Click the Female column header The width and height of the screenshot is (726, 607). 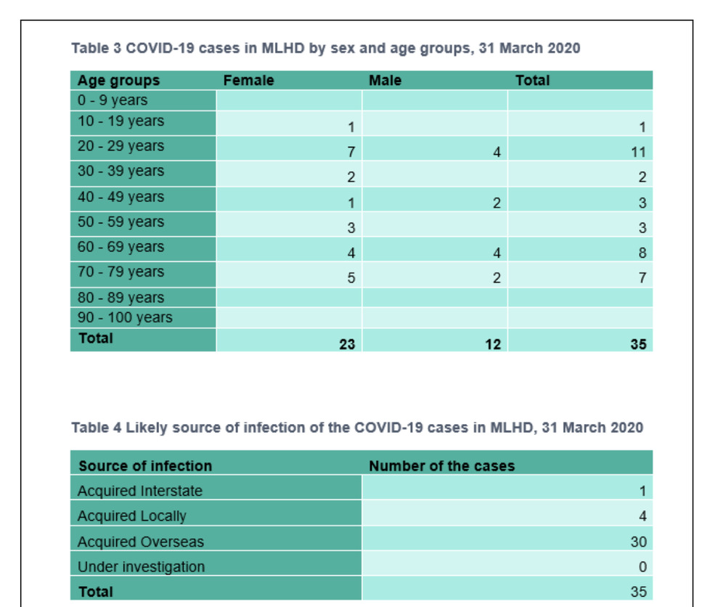248,81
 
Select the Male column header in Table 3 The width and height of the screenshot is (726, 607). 385,81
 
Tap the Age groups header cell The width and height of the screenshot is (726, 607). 118,81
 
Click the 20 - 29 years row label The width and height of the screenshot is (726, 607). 121,146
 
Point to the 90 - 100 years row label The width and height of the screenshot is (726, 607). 125,317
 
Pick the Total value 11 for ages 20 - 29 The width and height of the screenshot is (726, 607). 638,152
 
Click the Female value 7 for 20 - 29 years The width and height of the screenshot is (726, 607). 351,152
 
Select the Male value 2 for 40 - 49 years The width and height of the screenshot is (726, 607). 497,203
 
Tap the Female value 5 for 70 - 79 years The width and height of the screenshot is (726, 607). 351,278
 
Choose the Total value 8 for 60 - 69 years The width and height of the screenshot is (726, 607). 642,253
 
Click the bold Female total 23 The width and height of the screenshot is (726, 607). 347,344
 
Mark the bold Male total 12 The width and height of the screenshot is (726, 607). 493,344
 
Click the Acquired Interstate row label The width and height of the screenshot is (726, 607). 139,491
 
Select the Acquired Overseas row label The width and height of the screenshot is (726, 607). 140,542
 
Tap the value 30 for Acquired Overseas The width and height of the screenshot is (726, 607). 638,542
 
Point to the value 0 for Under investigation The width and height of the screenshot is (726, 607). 642,567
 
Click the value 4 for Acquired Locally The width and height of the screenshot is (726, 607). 642,516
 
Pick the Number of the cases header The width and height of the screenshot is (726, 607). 441,466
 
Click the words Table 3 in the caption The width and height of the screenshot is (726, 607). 97,49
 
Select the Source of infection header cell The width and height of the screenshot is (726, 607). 145,466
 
